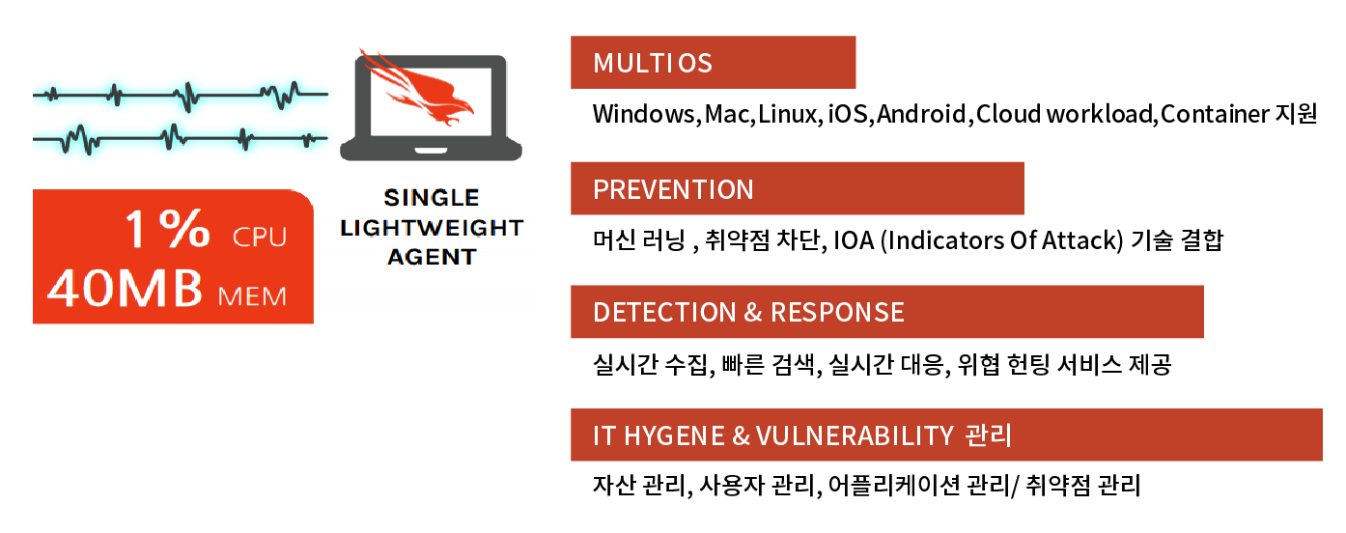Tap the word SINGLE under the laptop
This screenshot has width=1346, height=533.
pos(432,198)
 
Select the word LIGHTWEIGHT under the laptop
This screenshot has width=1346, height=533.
pos(432,228)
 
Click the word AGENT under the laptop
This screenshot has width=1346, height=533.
pos(432,257)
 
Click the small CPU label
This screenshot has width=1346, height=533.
pos(260,238)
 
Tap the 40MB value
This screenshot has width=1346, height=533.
pos(125,288)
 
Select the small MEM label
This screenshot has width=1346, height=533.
pos(252,296)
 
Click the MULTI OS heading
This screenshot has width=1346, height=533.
pos(653,63)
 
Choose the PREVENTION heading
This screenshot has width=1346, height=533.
pos(673,189)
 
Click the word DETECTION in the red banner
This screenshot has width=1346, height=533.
pos(664,313)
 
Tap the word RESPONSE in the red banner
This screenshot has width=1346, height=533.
pos(837,313)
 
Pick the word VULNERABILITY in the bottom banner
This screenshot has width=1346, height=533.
pos(855,435)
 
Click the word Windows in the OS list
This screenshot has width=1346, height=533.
pos(644,114)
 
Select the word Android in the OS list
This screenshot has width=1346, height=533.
pos(921,114)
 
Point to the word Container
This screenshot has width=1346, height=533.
pos(1215,114)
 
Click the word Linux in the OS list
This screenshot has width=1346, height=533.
pos(787,114)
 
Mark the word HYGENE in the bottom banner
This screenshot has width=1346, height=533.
pos(674,435)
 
